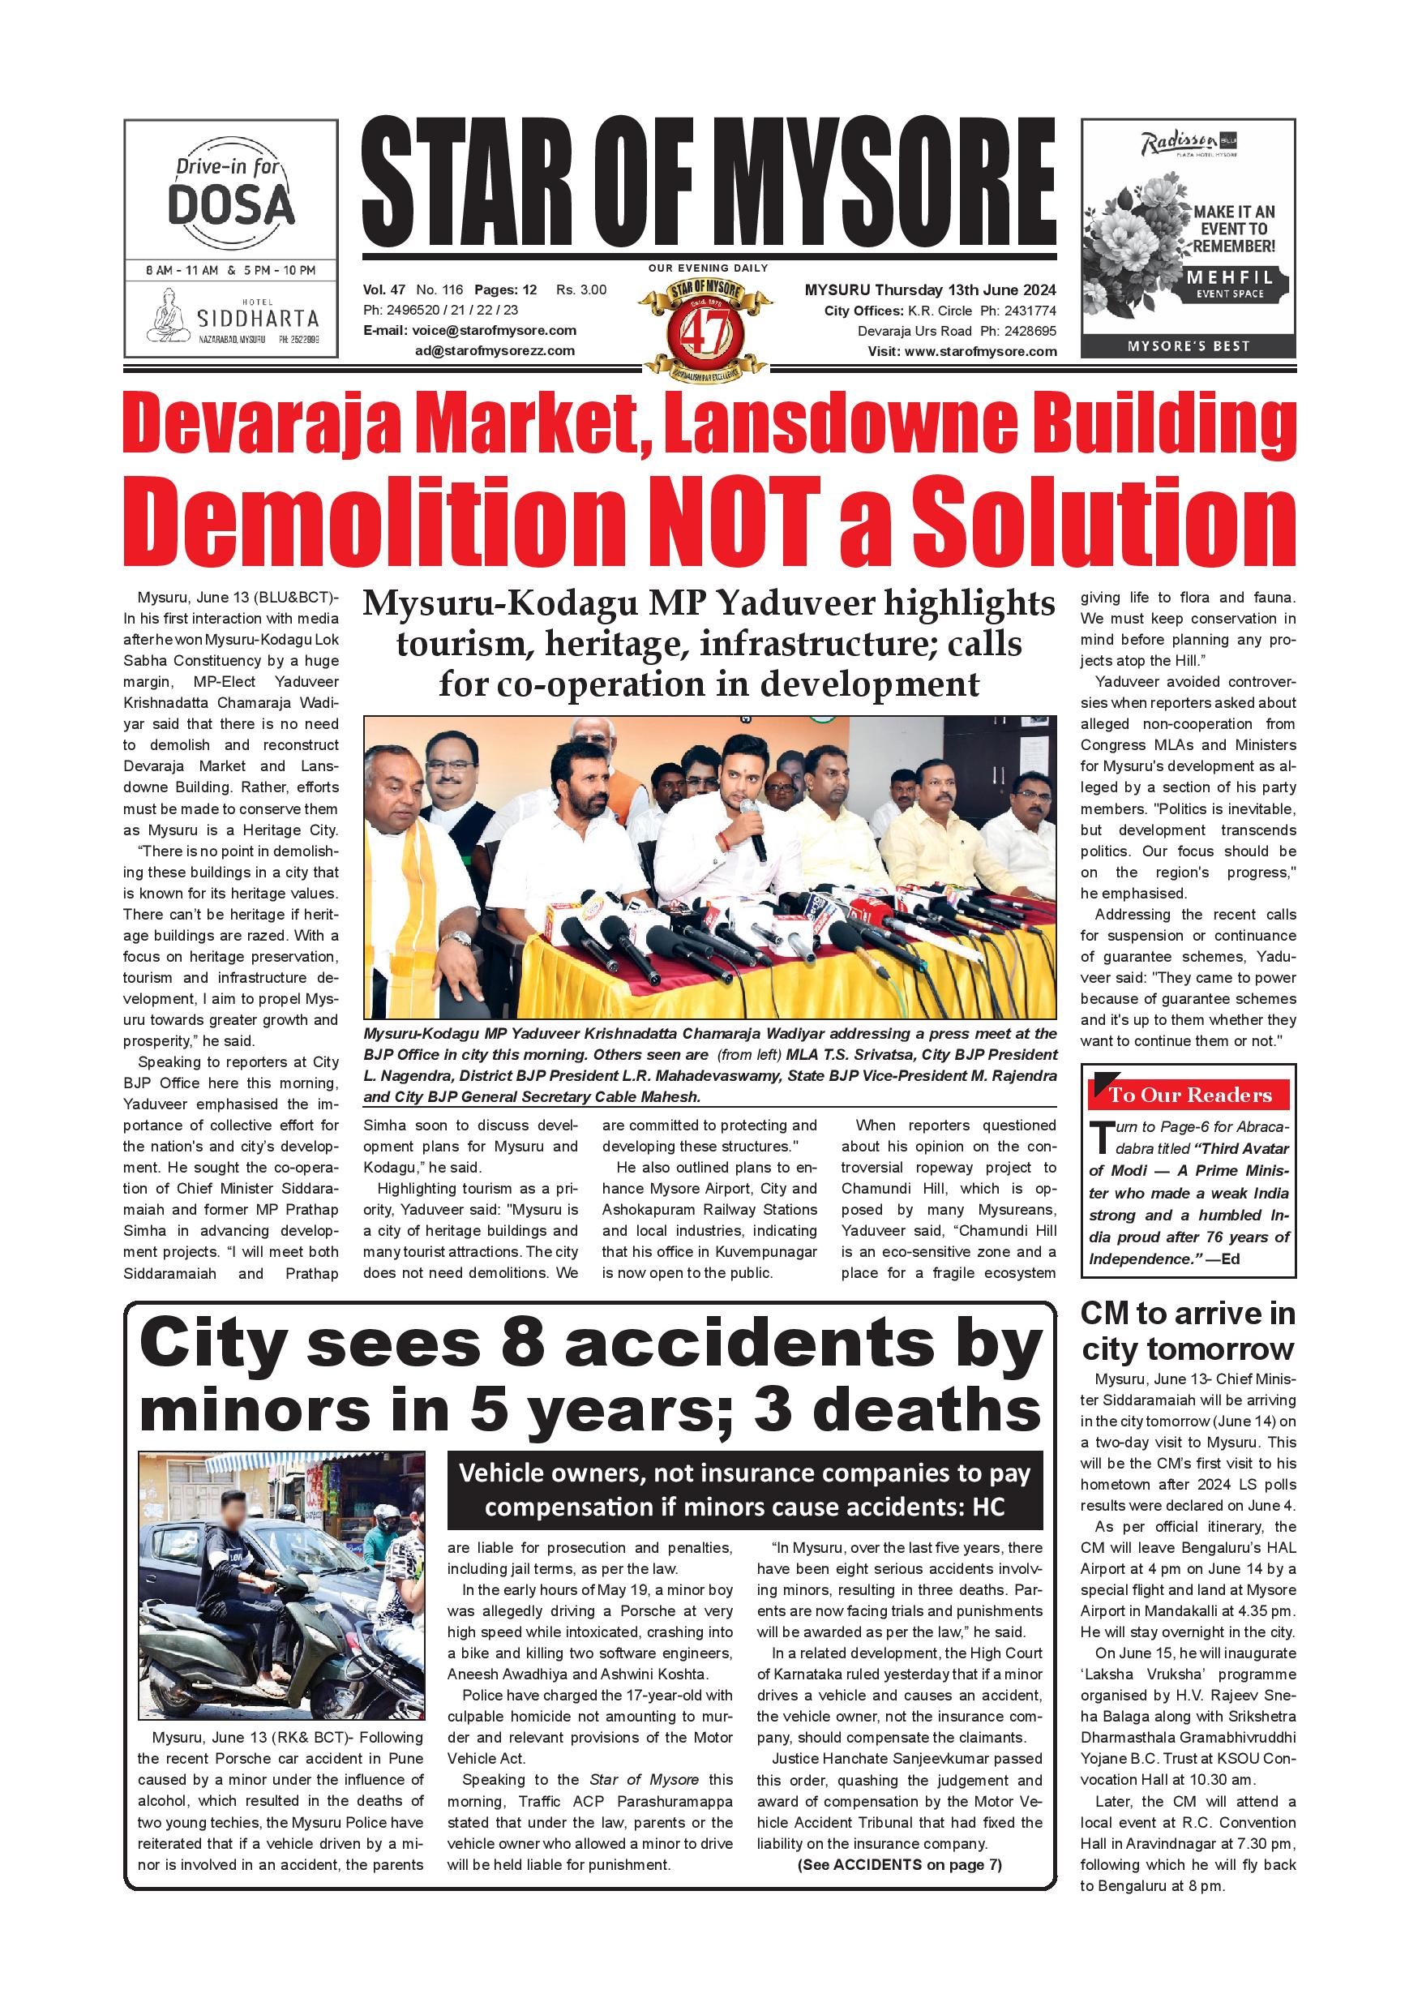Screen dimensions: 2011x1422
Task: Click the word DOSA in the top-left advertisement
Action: [x=230, y=204]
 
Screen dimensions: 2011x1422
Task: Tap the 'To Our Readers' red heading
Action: [x=1190, y=1095]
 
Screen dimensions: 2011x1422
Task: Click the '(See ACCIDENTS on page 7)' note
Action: [x=899, y=1864]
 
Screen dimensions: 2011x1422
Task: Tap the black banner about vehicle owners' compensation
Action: [x=744, y=1490]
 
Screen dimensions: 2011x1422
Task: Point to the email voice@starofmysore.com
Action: [x=494, y=330]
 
